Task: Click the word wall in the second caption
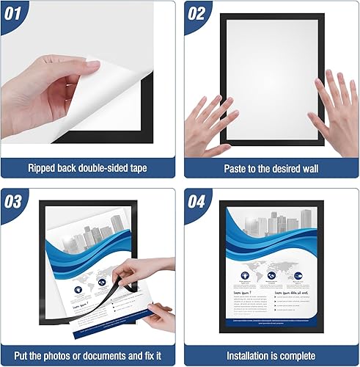point(308,168)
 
